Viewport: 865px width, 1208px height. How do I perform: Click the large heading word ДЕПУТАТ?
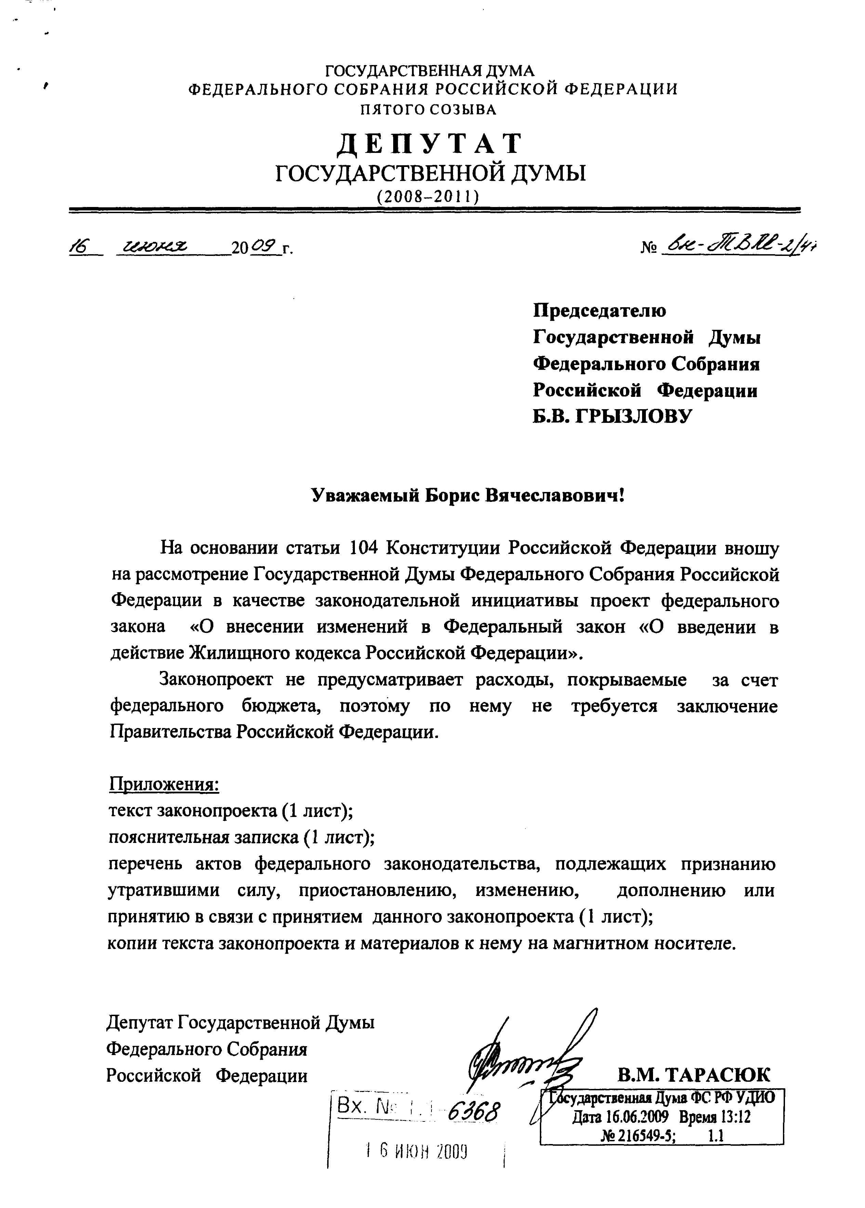click(x=430, y=143)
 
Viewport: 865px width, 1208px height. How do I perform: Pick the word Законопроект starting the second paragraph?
click(x=216, y=680)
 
